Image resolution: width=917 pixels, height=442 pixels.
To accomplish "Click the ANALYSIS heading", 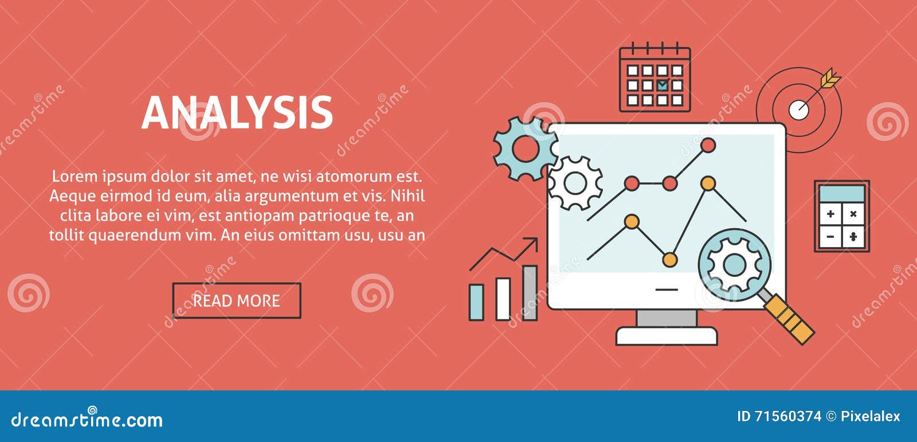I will tap(237, 112).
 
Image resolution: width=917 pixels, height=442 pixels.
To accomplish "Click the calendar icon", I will tap(655, 79).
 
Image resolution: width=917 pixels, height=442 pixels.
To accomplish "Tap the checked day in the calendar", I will tap(662, 85).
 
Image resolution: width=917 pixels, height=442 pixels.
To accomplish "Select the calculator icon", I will tap(842, 216).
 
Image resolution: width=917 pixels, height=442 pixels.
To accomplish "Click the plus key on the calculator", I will tap(830, 214).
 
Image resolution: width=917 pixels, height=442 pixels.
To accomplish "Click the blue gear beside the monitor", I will tap(524, 148).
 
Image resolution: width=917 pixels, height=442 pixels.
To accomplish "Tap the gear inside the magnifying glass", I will tap(734, 265).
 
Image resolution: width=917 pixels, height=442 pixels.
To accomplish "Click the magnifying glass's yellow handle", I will tap(791, 319).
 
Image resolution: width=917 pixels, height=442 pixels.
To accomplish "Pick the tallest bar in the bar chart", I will tap(530, 292).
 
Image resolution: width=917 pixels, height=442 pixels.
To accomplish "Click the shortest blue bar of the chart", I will tap(476, 302).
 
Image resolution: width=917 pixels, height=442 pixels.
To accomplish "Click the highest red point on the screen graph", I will tap(708, 146).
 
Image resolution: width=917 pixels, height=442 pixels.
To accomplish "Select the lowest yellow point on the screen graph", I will tap(669, 260).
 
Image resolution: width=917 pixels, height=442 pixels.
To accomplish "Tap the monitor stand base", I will tap(667, 336).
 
